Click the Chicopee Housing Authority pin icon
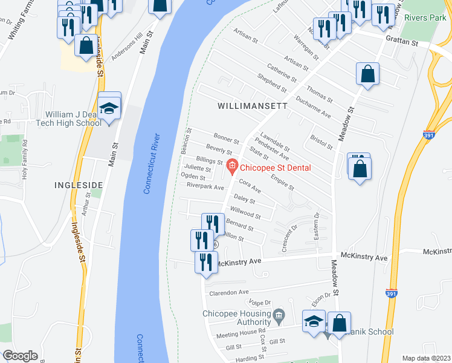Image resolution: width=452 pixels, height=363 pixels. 279,314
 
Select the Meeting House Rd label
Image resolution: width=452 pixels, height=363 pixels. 241,332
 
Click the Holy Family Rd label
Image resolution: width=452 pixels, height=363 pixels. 25,160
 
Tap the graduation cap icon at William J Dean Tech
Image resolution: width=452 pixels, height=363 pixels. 109,109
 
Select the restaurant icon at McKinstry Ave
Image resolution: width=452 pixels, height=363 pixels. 206,262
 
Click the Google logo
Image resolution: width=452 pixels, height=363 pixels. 21,356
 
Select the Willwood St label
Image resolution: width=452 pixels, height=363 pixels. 245,213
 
